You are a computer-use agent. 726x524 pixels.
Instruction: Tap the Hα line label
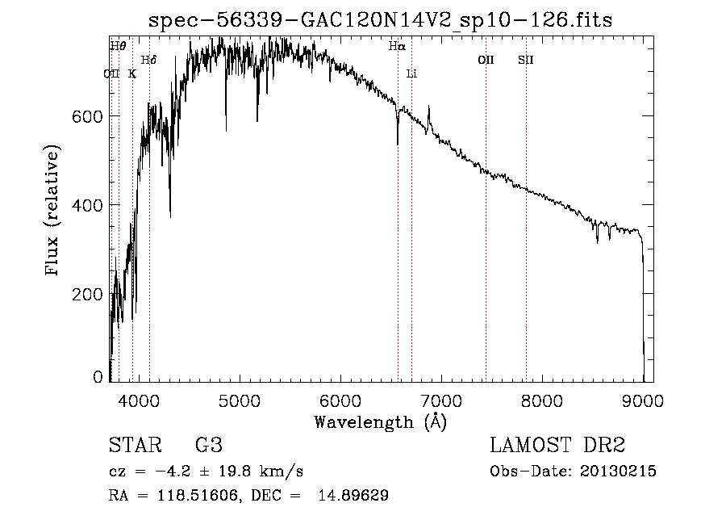point(396,47)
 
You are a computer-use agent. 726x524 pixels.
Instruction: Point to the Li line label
point(411,73)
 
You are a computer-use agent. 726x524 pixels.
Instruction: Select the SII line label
point(526,60)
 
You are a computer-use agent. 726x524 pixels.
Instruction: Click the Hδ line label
point(148,60)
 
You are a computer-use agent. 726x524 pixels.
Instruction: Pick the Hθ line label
point(118,47)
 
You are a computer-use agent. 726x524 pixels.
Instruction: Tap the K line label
point(132,73)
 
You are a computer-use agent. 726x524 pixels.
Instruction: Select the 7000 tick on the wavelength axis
point(441,400)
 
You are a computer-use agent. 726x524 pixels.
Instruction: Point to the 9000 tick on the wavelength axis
point(643,400)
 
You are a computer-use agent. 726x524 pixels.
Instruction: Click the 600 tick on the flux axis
point(88,117)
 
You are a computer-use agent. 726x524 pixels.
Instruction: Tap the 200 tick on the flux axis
point(88,295)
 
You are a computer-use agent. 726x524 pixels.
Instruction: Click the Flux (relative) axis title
point(54,212)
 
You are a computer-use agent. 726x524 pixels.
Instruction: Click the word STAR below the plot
point(134,446)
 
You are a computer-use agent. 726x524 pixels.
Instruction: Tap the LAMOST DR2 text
point(557,446)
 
